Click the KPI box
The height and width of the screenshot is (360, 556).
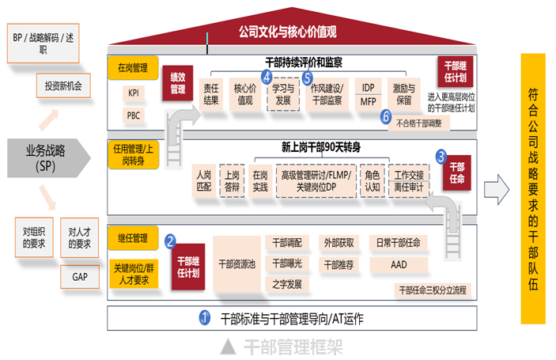tap(134, 93)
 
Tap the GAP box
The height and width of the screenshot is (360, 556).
tap(80, 277)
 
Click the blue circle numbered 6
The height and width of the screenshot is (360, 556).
tap(386, 116)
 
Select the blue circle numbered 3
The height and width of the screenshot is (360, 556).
tap(441, 157)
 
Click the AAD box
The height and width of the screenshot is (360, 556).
tap(399, 264)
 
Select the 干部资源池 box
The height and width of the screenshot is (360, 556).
tap(237, 264)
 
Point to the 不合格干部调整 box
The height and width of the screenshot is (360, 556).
tap(418, 123)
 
